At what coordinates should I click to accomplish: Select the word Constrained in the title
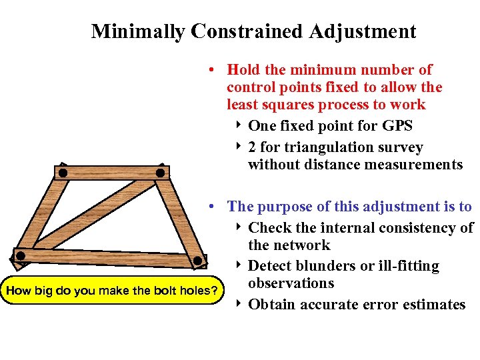(x=246, y=31)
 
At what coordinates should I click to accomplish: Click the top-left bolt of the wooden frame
(x=63, y=173)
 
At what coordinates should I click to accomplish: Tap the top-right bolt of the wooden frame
(x=160, y=173)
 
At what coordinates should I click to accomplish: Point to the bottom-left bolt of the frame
(x=21, y=255)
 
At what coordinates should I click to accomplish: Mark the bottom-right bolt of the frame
(x=198, y=261)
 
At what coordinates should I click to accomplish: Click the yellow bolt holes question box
(x=111, y=290)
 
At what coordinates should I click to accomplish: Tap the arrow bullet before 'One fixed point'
(x=239, y=125)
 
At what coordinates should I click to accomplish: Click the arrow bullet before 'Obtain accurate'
(x=239, y=304)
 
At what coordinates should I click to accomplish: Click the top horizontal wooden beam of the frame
(x=111, y=173)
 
